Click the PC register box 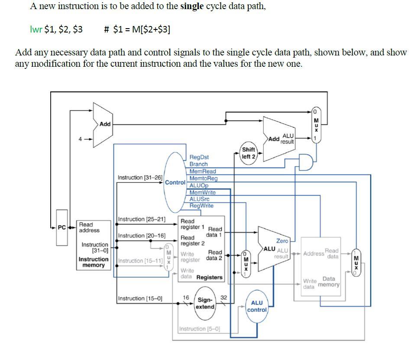(x=62, y=227)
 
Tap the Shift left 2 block (x=249, y=153)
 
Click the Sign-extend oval (x=205, y=303)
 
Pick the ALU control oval (x=257, y=306)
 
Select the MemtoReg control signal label (x=203, y=178)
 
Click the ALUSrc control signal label (x=199, y=199)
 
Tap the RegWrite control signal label (x=201, y=206)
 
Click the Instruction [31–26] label (x=140, y=178)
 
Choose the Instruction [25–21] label (x=142, y=219)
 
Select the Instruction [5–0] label (x=199, y=329)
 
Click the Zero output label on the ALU (x=282, y=241)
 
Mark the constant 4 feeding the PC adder (x=80, y=139)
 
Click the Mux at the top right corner (x=316, y=123)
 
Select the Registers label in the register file (x=210, y=277)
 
